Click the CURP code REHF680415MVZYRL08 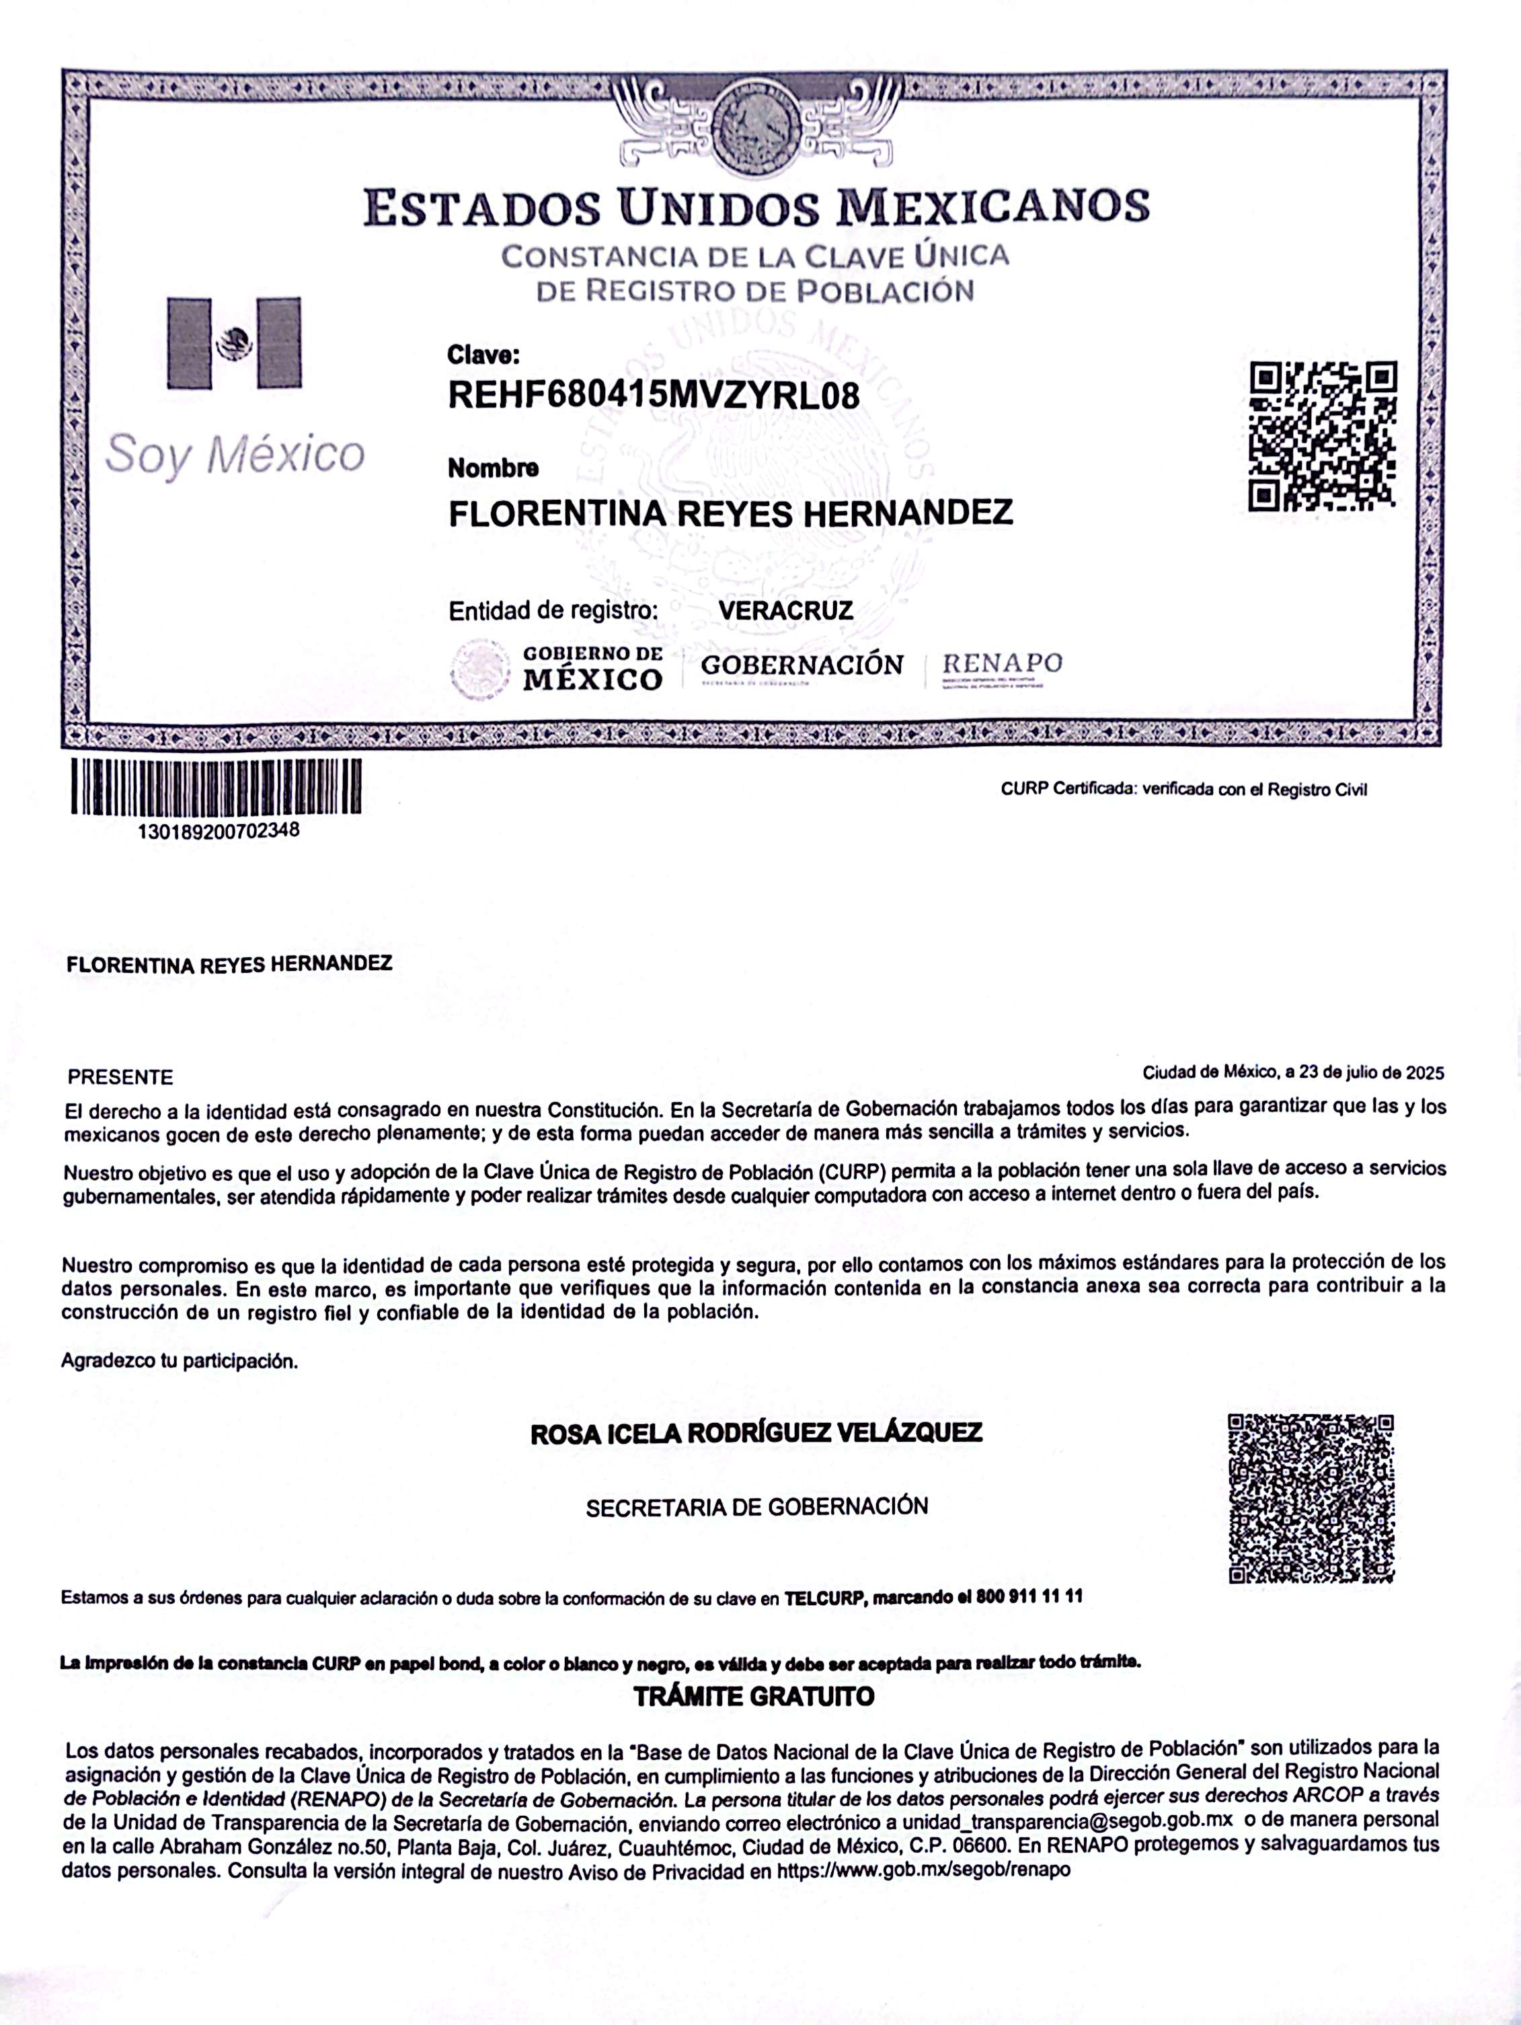tap(654, 396)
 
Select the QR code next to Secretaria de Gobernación tap(1311, 1499)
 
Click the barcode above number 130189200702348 tap(216, 786)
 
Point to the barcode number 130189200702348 tap(218, 832)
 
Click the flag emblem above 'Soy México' tap(234, 343)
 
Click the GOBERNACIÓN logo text tap(802, 665)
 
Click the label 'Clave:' tap(483, 355)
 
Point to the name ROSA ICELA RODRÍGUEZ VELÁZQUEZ tap(756, 1434)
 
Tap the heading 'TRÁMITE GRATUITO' tap(754, 1695)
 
